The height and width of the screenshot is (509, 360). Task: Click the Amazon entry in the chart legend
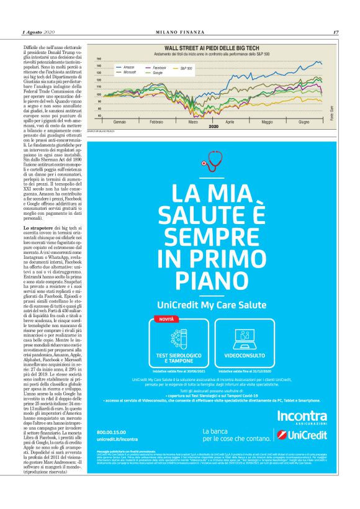pyautogui.click(x=128, y=67)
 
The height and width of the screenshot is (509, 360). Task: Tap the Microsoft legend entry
pyautogui.click(x=130, y=72)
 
